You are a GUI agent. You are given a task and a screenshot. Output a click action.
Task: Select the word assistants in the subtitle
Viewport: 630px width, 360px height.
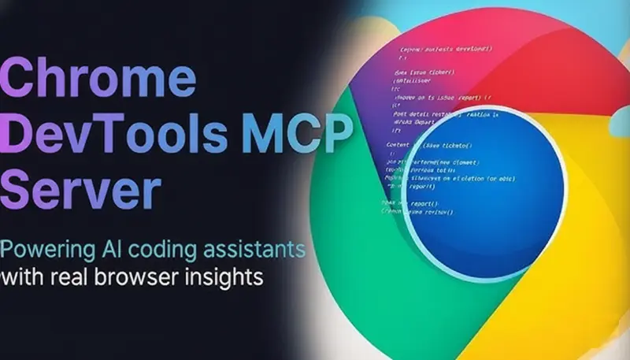coord(257,251)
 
